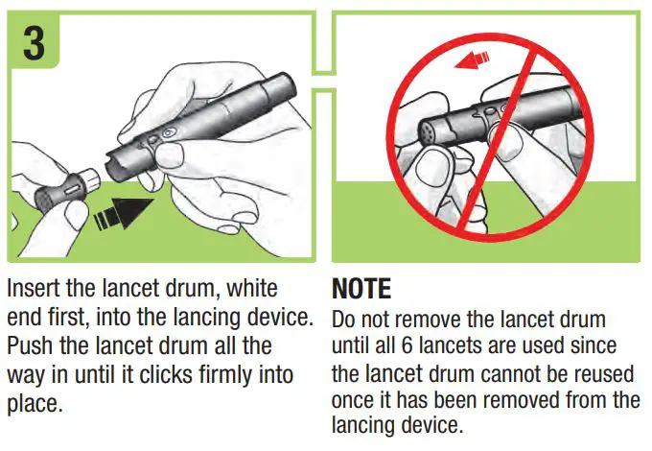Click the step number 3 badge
pyautogui.click(x=34, y=44)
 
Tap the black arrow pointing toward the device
pyautogui.click(x=128, y=209)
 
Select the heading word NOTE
pyautogui.click(x=362, y=289)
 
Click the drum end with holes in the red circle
pyautogui.click(x=431, y=132)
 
